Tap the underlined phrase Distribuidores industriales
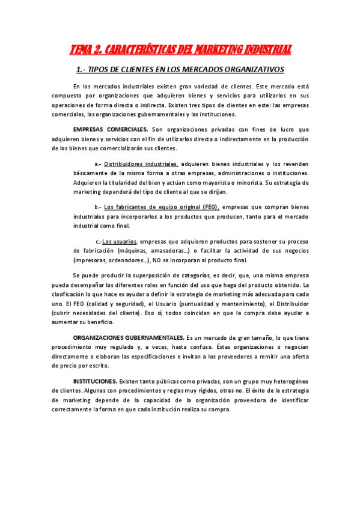[141, 164]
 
